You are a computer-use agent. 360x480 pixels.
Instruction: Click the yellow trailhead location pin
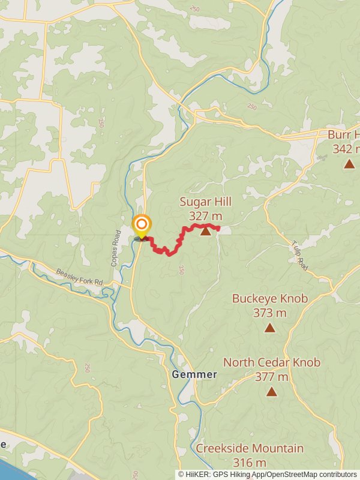[x=142, y=227]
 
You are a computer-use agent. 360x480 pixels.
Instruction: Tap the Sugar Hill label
[x=205, y=203]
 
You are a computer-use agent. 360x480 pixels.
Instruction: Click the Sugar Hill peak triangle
[x=206, y=231]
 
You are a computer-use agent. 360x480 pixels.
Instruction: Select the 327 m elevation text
[x=205, y=216]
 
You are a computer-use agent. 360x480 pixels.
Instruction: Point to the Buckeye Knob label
[x=270, y=298]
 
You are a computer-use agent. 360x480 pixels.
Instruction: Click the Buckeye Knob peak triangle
[x=270, y=328]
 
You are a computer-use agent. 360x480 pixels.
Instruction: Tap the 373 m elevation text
[x=270, y=313]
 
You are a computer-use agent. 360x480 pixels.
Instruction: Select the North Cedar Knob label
[x=272, y=362]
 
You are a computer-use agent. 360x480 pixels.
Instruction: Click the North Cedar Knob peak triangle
[x=272, y=392]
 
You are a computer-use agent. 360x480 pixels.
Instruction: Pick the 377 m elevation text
[x=272, y=377]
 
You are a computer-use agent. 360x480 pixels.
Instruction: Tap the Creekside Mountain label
[x=250, y=448]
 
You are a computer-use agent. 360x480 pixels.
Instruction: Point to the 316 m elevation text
[x=250, y=463]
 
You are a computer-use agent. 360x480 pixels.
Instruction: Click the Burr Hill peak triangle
[x=349, y=163]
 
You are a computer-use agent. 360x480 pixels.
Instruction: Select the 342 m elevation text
[x=346, y=149]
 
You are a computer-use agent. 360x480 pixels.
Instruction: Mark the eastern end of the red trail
[x=219, y=227]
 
